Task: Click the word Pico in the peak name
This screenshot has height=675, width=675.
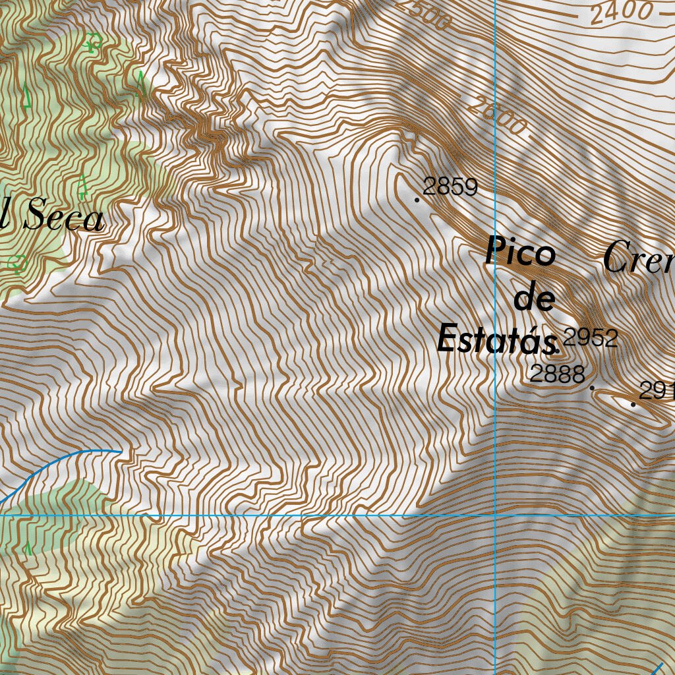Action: [x=520, y=253]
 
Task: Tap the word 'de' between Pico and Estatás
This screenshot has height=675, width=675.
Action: [x=534, y=299]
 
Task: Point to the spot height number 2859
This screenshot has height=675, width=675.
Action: [x=450, y=187]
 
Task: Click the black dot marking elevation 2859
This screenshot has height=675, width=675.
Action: [x=417, y=198]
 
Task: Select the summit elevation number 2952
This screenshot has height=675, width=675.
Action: [x=591, y=338]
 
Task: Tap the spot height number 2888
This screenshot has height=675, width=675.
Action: [x=558, y=374]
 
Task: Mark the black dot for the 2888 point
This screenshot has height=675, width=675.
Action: [x=592, y=388]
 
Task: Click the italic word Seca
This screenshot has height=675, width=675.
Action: [x=64, y=219]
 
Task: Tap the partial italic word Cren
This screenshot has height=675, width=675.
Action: [x=638, y=258]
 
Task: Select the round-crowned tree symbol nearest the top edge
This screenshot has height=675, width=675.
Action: [x=92, y=44]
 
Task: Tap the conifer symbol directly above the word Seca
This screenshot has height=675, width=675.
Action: [x=82, y=187]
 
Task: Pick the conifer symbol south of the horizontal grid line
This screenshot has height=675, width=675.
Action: [x=28, y=549]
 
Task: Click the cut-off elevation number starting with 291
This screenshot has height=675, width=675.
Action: [x=657, y=392]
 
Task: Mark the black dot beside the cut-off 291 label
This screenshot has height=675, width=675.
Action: [x=633, y=403]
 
